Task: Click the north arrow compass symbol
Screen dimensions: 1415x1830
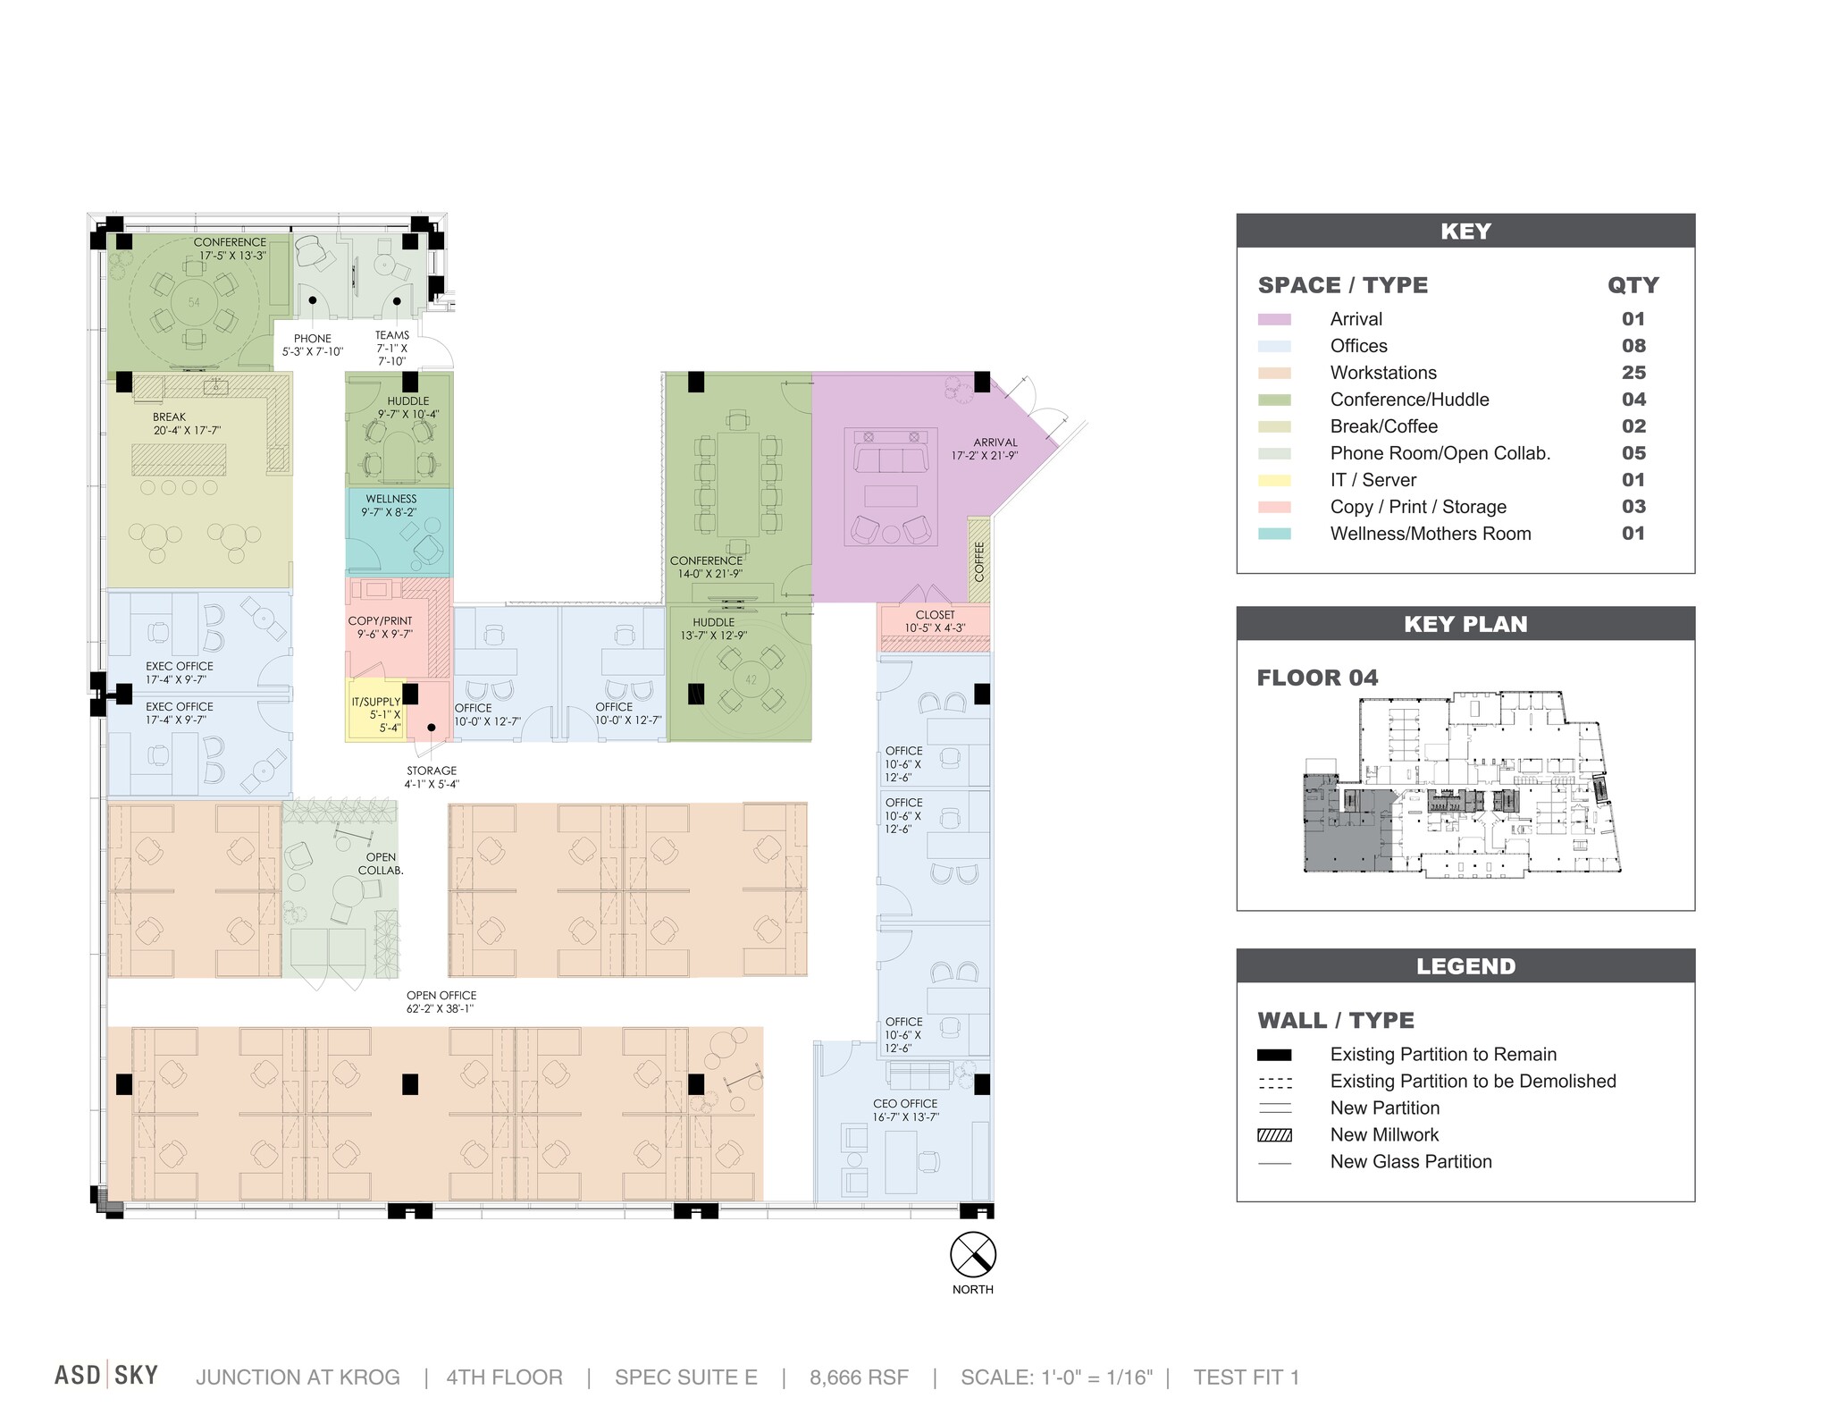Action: point(972,1255)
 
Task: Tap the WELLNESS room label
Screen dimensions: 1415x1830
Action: point(390,499)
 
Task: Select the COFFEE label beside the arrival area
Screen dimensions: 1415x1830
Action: point(979,561)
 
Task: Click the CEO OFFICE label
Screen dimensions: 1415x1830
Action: point(905,1104)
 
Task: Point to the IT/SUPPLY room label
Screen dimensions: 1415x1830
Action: point(376,702)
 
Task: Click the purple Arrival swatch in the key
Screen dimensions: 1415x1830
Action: point(1274,319)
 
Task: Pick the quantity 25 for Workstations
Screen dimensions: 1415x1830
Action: point(1633,373)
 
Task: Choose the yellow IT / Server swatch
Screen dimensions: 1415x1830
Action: point(1274,480)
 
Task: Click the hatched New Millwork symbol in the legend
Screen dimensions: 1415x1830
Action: point(1274,1135)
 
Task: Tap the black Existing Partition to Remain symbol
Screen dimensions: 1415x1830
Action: point(1274,1055)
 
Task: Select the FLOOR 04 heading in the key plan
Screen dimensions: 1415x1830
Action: point(1317,678)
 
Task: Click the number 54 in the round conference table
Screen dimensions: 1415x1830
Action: point(194,302)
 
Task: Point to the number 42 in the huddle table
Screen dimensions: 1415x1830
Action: point(751,679)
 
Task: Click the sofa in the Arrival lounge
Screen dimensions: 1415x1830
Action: point(891,459)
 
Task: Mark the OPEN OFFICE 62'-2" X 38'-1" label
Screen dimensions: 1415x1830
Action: point(441,1002)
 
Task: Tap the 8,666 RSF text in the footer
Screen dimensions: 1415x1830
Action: point(859,1377)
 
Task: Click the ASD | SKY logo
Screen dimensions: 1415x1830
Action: point(106,1375)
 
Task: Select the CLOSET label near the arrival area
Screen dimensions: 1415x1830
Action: point(935,615)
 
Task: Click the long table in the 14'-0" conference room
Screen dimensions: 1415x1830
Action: point(737,483)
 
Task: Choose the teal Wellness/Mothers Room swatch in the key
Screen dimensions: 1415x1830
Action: point(1274,534)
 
